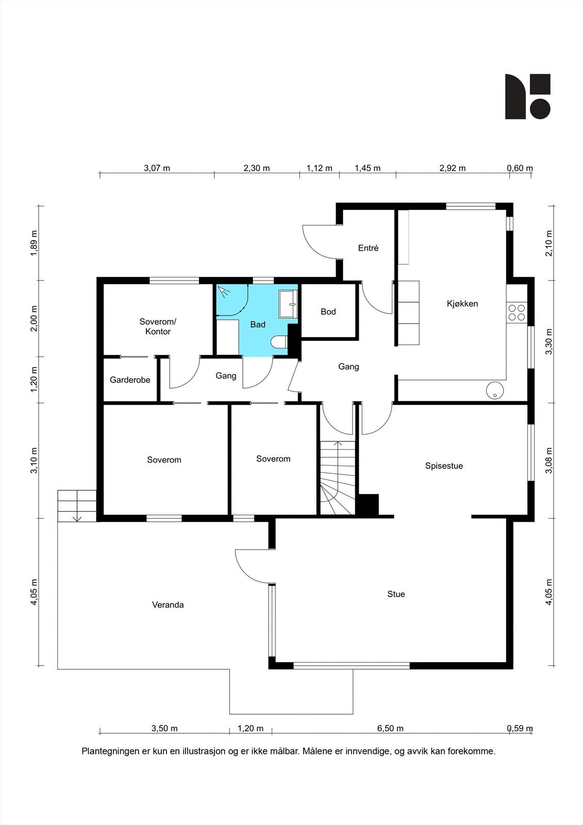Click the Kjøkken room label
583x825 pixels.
click(x=462, y=304)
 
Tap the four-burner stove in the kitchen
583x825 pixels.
click(x=517, y=312)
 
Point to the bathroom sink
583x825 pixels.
click(x=288, y=304)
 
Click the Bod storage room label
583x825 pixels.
click(x=328, y=311)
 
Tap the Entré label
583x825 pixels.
click(x=368, y=248)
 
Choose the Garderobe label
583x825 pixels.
click(x=130, y=379)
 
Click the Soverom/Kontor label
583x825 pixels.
click(x=158, y=326)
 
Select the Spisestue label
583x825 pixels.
click(x=444, y=466)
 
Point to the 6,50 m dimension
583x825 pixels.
click(x=390, y=728)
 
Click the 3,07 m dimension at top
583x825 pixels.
click(x=157, y=168)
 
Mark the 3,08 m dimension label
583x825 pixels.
click(x=549, y=460)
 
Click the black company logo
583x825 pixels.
click(x=528, y=96)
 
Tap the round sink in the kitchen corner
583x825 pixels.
click(x=495, y=390)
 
